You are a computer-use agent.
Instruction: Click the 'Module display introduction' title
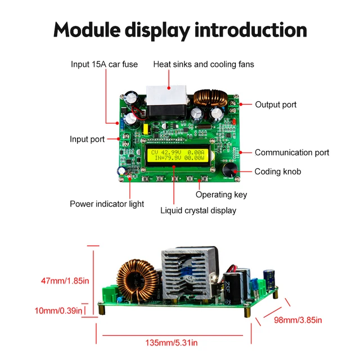[x=180, y=30]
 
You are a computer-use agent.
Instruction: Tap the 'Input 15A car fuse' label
[x=104, y=64]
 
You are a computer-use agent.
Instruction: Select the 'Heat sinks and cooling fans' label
[x=204, y=64]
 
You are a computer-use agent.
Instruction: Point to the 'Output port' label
[x=276, y=105]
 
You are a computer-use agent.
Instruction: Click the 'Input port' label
[x=87, y=139]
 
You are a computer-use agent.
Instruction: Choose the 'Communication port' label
[x=292, y=152]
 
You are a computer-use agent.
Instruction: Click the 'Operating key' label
[x=221, y=195]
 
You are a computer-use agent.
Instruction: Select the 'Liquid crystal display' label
[x=198, y=210]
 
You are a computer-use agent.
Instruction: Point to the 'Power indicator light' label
[x=107, y=204]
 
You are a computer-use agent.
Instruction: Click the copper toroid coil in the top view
[x=210, y=98]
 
